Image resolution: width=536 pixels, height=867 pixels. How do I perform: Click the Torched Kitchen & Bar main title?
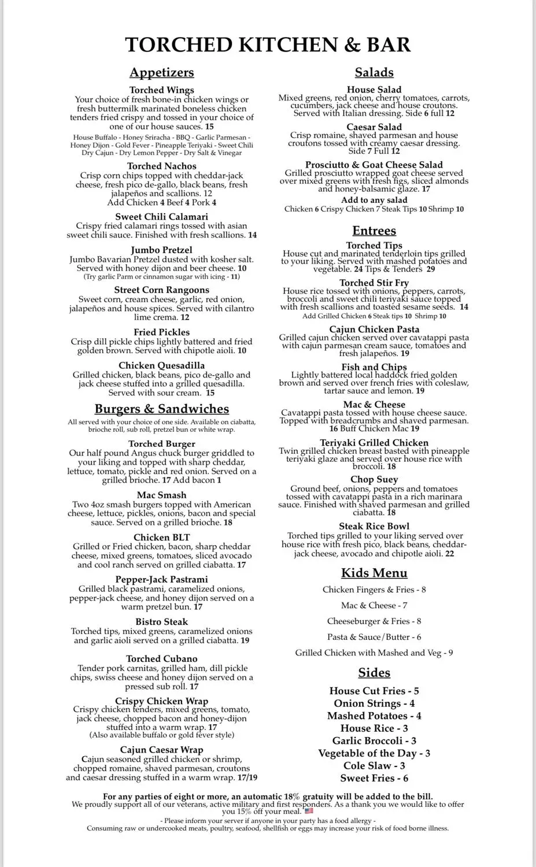click(268, 45)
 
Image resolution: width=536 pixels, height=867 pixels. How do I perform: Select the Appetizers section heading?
click(161, 73)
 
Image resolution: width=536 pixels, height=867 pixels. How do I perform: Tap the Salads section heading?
click(374, 73)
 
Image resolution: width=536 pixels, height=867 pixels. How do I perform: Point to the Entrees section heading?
click(374, 231)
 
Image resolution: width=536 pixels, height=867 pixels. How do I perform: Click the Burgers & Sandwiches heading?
click(161, 409)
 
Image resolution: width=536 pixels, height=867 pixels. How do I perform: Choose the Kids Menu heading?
click(374, 573)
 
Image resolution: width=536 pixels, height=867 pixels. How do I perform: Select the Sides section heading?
click(374, 673)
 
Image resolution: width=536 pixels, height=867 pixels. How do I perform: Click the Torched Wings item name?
click(161, 90)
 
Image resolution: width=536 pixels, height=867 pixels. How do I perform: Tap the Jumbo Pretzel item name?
click(161, 250)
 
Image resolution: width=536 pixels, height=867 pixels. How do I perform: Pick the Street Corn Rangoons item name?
click(161, 290)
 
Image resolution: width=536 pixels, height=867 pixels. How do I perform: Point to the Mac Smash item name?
click(161, 495)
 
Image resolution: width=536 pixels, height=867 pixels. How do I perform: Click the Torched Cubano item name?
click(161, 659)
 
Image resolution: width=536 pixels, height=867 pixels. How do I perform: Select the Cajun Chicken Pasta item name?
click(374, 329)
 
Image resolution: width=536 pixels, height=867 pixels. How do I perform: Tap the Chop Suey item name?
click(374, 480)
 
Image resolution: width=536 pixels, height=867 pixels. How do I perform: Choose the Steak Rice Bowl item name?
click(374, 527)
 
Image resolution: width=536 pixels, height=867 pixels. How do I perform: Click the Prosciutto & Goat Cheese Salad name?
click(374, 165)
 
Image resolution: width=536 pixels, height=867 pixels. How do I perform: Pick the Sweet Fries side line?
click(374, 779)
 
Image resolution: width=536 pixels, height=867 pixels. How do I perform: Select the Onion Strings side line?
click(374, 704)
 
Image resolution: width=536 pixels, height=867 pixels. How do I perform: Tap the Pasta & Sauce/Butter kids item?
click(374, 637)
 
